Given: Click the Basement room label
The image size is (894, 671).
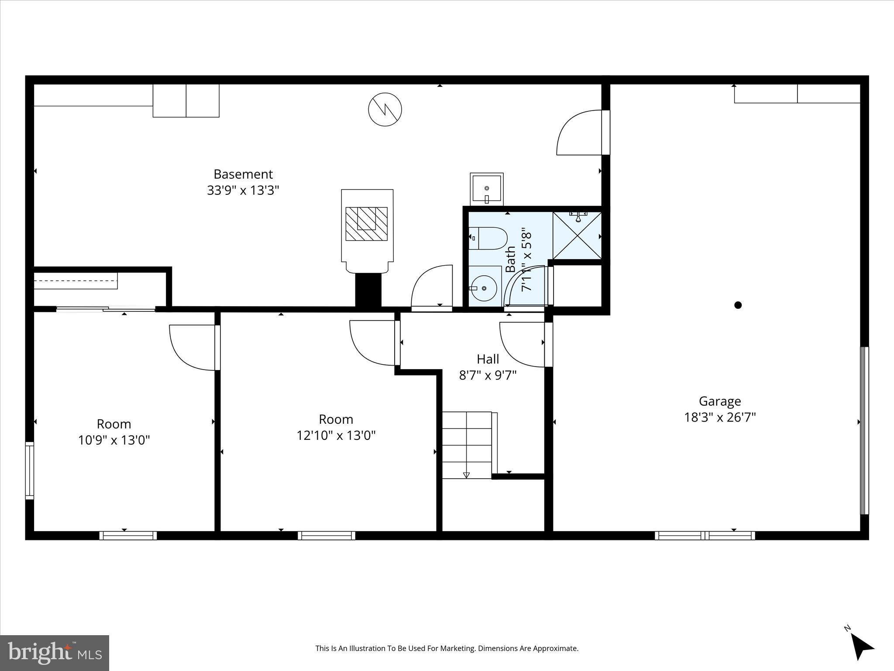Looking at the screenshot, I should click(x=243, y=174).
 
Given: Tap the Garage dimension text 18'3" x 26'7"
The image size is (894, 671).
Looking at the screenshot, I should click(x=719, y=417).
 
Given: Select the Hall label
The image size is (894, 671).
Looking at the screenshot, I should click(x=488, y=359).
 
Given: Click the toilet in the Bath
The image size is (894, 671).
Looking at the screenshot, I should click(x=488, y=238).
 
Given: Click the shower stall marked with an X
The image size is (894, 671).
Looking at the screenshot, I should click(x=577, y=236).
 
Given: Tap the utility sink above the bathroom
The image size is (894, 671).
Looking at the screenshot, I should click(x=486, y=189).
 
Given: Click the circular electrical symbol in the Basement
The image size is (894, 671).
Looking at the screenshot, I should click(x=385, y=109).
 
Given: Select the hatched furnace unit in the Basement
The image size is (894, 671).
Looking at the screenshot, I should click(x=367, y=224).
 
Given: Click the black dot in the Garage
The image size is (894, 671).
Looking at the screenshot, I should click(x=738, y=305).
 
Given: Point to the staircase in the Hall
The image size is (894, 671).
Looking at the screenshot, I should click(x=467, y=445).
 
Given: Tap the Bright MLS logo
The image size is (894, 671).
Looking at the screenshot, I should click(x=55, y=653).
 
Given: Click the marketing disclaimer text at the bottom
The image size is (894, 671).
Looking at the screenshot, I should click(x=447, y=648).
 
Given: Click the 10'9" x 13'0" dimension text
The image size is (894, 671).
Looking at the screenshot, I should click(x=114, y=440).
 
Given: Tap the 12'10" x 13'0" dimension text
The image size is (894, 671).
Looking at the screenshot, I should click(x=336, y=435).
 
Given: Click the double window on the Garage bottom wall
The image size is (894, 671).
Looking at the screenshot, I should click(x=705, y=535).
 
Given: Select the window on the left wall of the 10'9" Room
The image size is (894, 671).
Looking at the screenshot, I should click(x=29, y=470).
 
